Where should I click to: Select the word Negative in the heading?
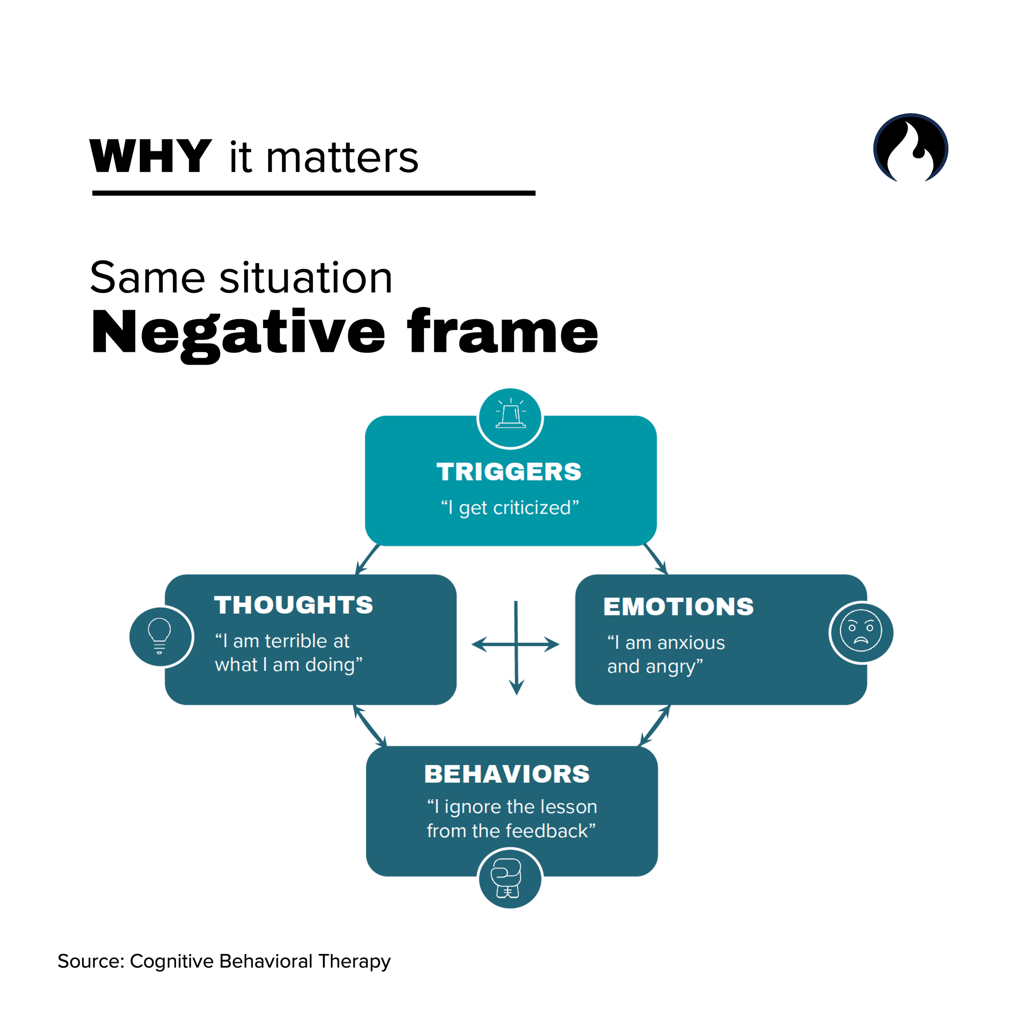pos(238,333)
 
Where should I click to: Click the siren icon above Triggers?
pos(510,417)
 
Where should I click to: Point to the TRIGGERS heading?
pos(509,472)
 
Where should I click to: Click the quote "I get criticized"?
pos(510,507)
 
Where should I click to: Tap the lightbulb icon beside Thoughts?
pos(160,636)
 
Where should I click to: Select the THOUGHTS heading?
pos(294,605)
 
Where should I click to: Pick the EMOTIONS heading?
pos(678,607)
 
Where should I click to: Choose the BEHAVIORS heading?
pos(507,774)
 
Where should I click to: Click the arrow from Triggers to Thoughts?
pos(368,559)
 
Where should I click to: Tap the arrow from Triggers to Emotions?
pos(655,559)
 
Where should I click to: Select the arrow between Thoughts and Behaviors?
pos(370,725)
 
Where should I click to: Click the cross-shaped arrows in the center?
pos(516,645)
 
